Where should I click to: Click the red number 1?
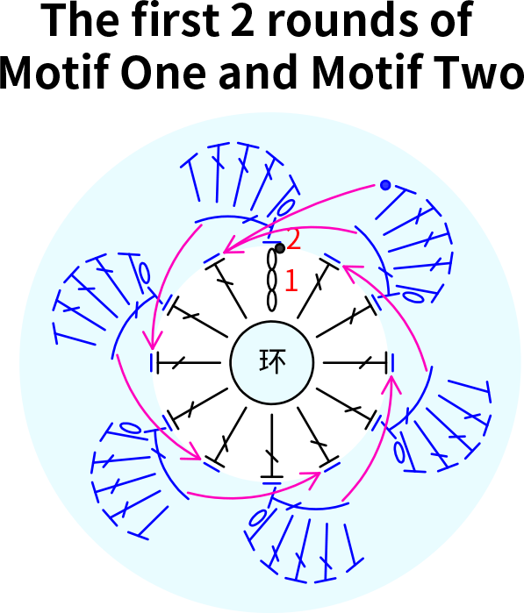point(291,281)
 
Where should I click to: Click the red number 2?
point(293,239)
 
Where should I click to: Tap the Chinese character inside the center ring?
point(272,360)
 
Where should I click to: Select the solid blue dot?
point(385,185)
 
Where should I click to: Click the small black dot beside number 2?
point(279,248)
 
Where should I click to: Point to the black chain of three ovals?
point(271,280)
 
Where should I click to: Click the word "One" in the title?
point(163,72)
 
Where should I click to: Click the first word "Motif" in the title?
point(54,71)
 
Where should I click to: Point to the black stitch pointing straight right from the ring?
point(355,362)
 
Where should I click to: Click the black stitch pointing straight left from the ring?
point(189,362)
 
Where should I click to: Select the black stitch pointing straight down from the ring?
point(272,446)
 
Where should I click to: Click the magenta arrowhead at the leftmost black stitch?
point(153,340)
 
